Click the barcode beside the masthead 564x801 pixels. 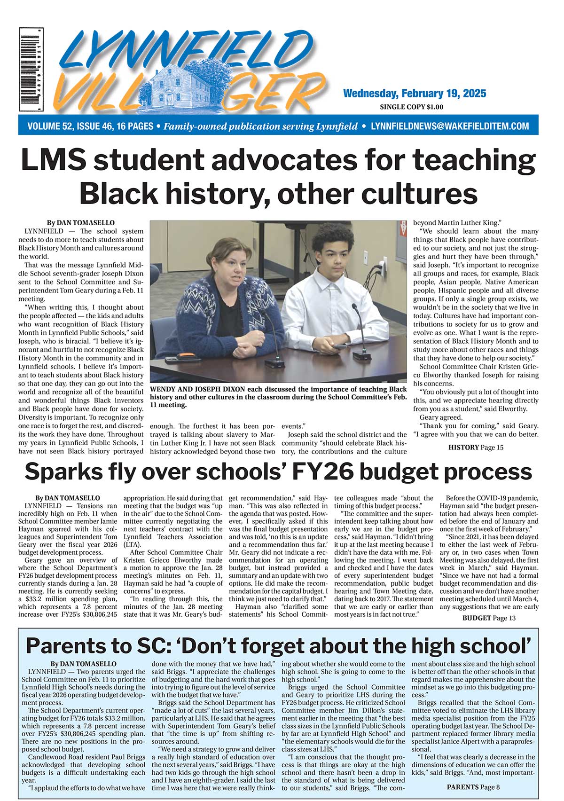pyautogui.click(x=31, y=69)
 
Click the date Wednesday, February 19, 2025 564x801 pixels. pyautogui.click(x=414, y=93)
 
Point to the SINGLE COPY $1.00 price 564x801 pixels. pyautogui.click(x=411, y=107)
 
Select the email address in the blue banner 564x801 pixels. pyautogui.click(x=450, y=126)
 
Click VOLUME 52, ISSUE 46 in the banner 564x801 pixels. pyautogui.click(x=90, y=126)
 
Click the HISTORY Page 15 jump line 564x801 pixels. pyautogui.click(x=476, y=447)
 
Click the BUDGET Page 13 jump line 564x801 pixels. pyautogui.click(x=489, y=618)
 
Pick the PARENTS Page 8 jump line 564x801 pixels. pyautogui.click(x=473, y=786)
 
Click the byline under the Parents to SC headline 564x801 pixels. pyautogui.click(x=83, y=664)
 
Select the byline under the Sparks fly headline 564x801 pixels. pyautogui.click(x=68, y=497)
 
